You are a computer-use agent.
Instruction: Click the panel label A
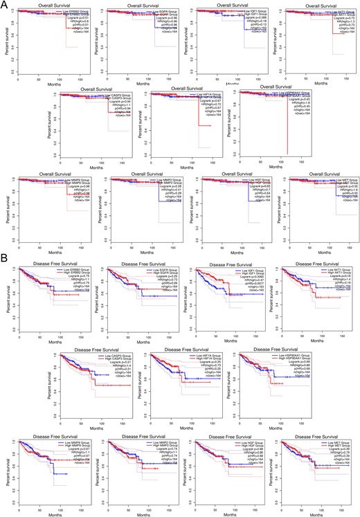click(x=5, y=5)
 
